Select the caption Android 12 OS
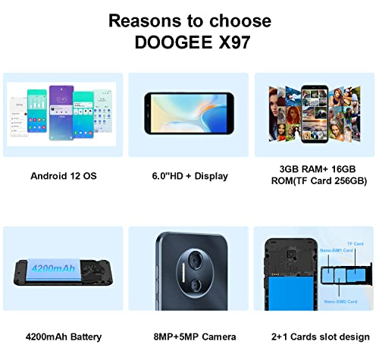coord(64,176)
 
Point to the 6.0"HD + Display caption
coord(189,176)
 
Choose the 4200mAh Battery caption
coord(64,337)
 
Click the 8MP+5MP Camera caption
coord(189,337)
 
